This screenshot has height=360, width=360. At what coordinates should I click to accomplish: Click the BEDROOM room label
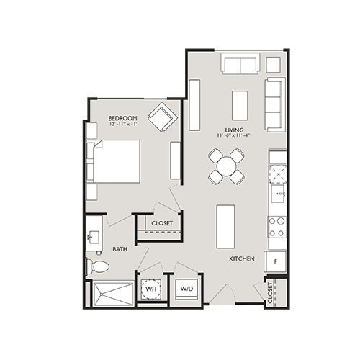122,118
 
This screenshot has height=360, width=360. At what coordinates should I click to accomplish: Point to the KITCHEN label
241,258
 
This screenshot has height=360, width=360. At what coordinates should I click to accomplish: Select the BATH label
120,250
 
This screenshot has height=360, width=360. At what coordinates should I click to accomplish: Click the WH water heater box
151,289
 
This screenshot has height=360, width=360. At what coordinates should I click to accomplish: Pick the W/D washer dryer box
186,289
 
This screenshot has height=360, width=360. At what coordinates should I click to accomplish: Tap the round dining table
226,166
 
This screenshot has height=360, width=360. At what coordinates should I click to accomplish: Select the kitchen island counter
226,224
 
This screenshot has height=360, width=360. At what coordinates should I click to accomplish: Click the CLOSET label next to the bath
162,223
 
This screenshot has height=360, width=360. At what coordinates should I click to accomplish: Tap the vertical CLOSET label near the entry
271,294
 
